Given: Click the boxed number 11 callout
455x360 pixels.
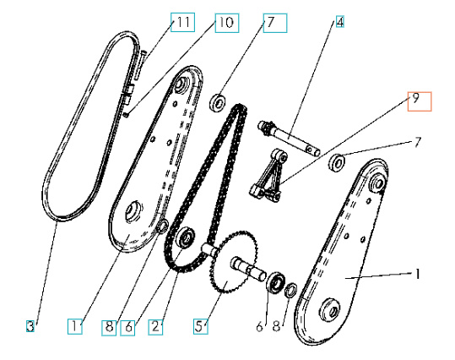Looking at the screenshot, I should (181, 23).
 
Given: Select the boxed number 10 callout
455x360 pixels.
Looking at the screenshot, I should (224, 23).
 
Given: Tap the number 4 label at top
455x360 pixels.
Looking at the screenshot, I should (340, 23).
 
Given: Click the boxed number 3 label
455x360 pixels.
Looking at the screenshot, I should (30, 325).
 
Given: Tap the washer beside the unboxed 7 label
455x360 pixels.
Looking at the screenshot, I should (339, 161).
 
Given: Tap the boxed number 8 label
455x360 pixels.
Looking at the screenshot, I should (109, 325).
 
